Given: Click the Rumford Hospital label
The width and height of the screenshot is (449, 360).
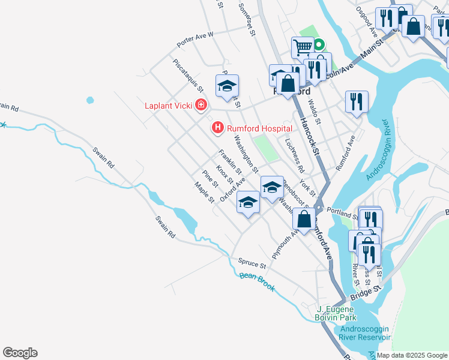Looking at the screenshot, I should coord(259,128).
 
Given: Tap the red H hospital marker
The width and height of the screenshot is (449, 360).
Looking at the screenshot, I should coord(217,128).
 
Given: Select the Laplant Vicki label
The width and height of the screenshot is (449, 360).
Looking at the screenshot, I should coord(169,106).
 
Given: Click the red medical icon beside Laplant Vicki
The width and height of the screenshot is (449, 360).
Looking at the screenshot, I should coord(200,106).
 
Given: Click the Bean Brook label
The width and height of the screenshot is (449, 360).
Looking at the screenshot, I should coord(257,281).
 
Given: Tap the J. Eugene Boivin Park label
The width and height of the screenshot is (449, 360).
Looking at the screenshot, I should coord(337,313).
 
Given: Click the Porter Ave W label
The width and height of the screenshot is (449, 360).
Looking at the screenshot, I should coord(195,40).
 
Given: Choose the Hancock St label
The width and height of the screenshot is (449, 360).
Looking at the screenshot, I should coord(312,133).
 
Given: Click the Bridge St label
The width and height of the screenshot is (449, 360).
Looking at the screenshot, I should coord(366,290).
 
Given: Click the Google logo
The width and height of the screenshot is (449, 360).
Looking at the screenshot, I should coord(20,353).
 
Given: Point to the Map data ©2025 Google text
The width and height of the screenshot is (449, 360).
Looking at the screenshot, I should coord(411,355).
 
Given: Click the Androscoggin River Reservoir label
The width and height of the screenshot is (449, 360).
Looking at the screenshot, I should coord(366,333).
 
